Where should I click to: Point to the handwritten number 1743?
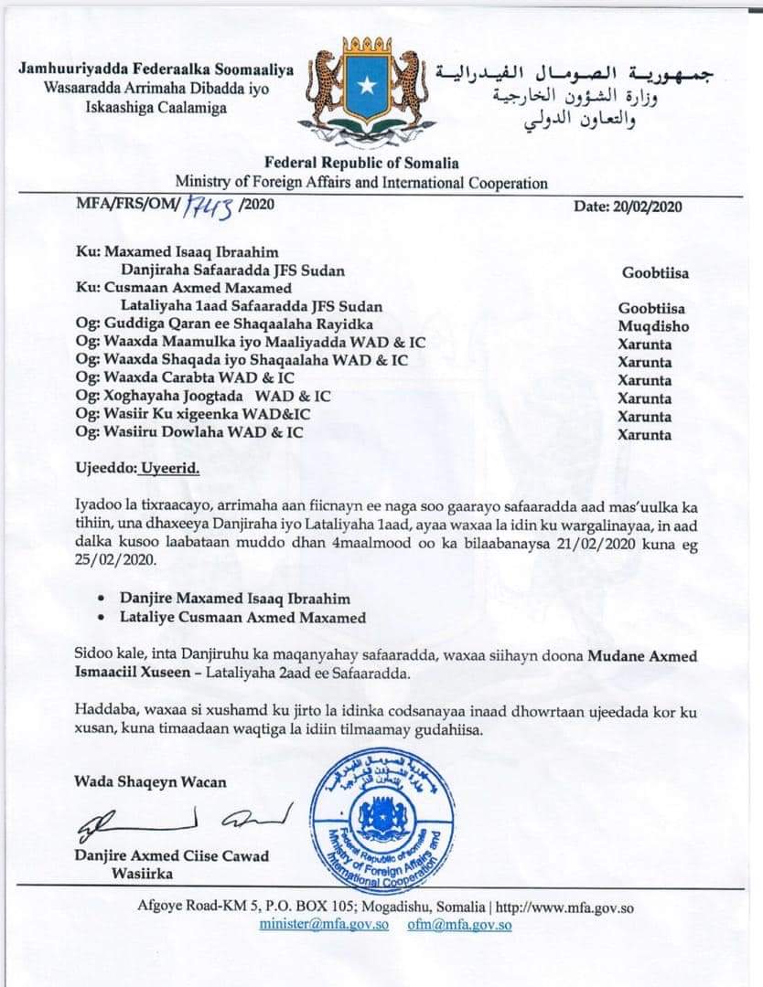pyautogui.click(x=210, y=207)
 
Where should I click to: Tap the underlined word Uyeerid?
pyautogui.click(x=169, y=468)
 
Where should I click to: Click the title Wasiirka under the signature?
pyautogui.click(x=143, y=874)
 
